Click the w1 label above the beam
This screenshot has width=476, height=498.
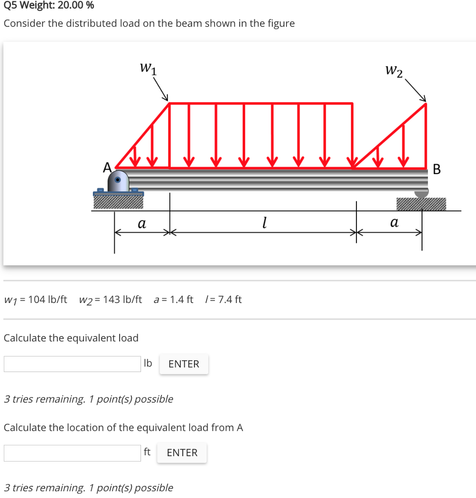point(148,68)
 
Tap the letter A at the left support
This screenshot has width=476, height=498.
point(106,167)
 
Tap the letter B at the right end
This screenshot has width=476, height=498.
point(436,170)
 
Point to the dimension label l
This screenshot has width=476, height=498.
point(263,223)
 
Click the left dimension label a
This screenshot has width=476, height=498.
point(141,224)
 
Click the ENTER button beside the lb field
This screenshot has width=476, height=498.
point(184,364)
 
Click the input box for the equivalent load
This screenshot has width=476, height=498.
point(72,364)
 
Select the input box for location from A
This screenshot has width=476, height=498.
point(72,453)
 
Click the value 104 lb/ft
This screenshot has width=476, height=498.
point(48,299)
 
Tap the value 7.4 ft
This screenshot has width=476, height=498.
point(230,299)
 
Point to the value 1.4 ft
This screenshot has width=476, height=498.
point(180,299)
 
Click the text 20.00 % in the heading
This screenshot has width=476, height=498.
point(76,6)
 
